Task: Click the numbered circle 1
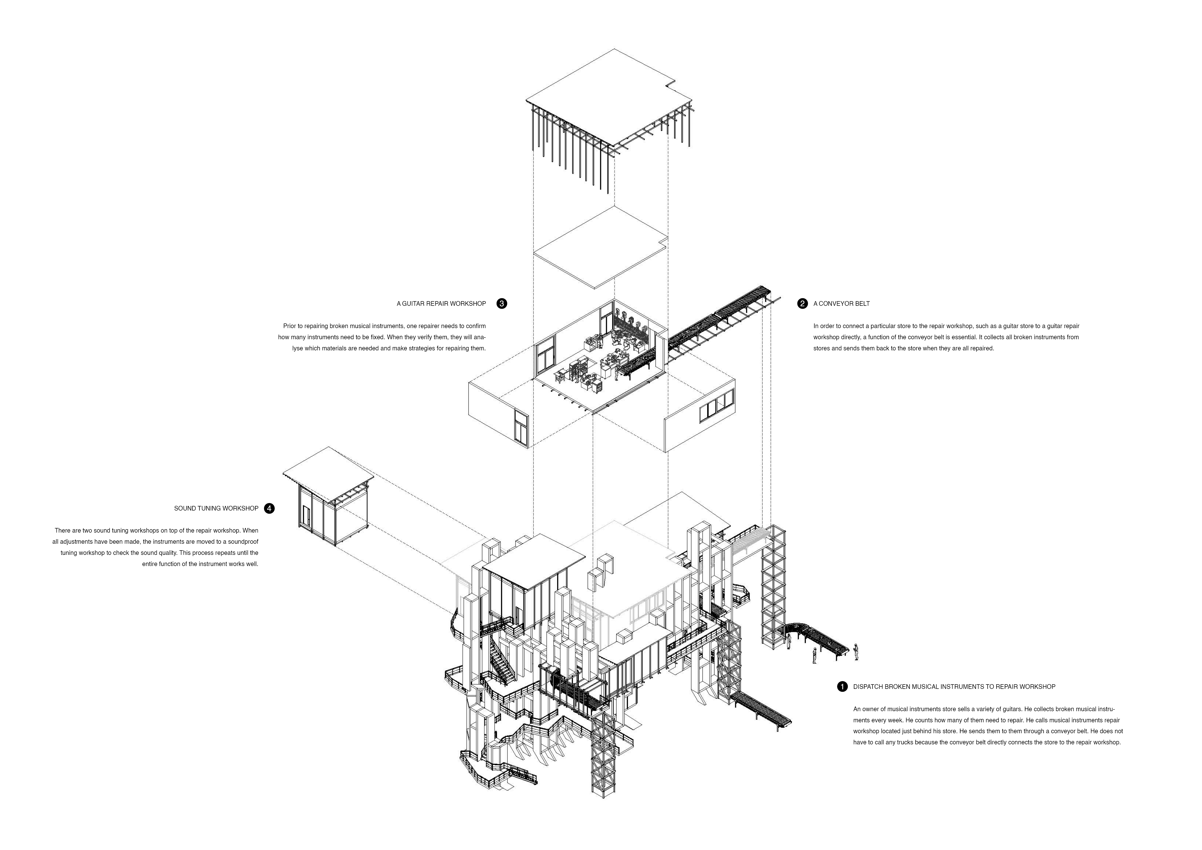point(842,686)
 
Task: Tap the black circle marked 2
point(802,304)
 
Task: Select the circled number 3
point(502,304)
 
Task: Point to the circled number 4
point(269,508)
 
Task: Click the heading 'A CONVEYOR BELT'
point(841,304)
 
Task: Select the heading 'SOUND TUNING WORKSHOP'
point(216,508)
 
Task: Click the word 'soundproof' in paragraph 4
point(243,542)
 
